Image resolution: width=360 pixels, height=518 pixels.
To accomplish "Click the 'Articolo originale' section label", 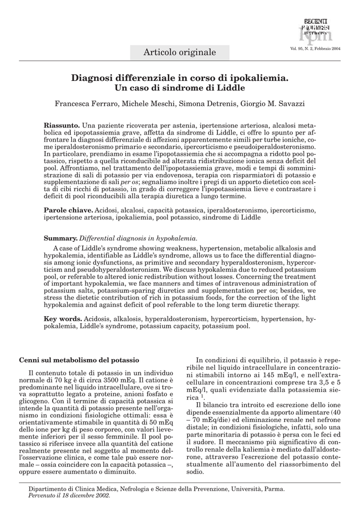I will tap(179, 52).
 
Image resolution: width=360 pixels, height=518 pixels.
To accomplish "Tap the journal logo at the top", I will tap(315, 30).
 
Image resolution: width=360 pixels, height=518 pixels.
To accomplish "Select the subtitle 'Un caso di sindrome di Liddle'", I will tap(180, 88).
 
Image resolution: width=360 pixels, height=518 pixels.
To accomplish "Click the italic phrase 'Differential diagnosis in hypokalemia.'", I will tap(139, 238).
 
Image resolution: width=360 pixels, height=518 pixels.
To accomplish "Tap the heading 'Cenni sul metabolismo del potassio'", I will tap(79, 360).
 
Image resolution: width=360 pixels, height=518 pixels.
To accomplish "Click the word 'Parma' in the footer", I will tap(273, 489).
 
